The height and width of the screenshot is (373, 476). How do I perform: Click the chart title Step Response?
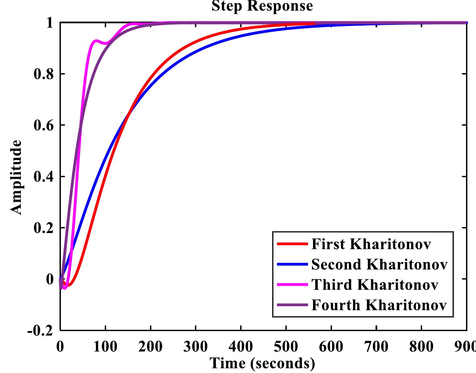click(x=262, y=6)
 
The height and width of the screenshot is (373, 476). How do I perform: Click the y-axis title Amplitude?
click(x=16, y=177)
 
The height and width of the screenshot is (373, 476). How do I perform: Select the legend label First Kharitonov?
click(x=371, y=244)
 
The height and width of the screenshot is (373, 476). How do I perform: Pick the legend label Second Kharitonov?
click(x=379, y=264)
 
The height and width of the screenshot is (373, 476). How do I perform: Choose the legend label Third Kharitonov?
click(x=375, y=285)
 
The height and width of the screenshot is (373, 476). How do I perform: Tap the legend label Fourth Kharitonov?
click(x=379, y=305)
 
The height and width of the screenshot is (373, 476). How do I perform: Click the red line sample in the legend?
click(x=292, y=244)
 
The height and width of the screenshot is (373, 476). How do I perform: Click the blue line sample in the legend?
click(x=292, y=264)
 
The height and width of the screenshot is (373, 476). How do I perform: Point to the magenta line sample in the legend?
click(x=292, y=285)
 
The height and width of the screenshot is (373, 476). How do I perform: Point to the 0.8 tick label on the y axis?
click(x=44, y=74)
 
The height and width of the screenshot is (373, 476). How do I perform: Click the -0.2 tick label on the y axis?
click(x=40, y=330)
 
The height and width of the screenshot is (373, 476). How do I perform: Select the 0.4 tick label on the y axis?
click(x=44, y=177)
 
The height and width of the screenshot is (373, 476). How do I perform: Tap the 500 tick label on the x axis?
click(x=286, y=347)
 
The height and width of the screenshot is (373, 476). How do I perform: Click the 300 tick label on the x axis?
click(x=196, y=347)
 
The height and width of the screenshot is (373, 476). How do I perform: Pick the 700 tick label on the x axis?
click(x=376, y=347)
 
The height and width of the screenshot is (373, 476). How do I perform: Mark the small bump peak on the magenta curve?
click(x=96, y=41)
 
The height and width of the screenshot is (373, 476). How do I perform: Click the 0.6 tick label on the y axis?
click(x=44, y=125)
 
